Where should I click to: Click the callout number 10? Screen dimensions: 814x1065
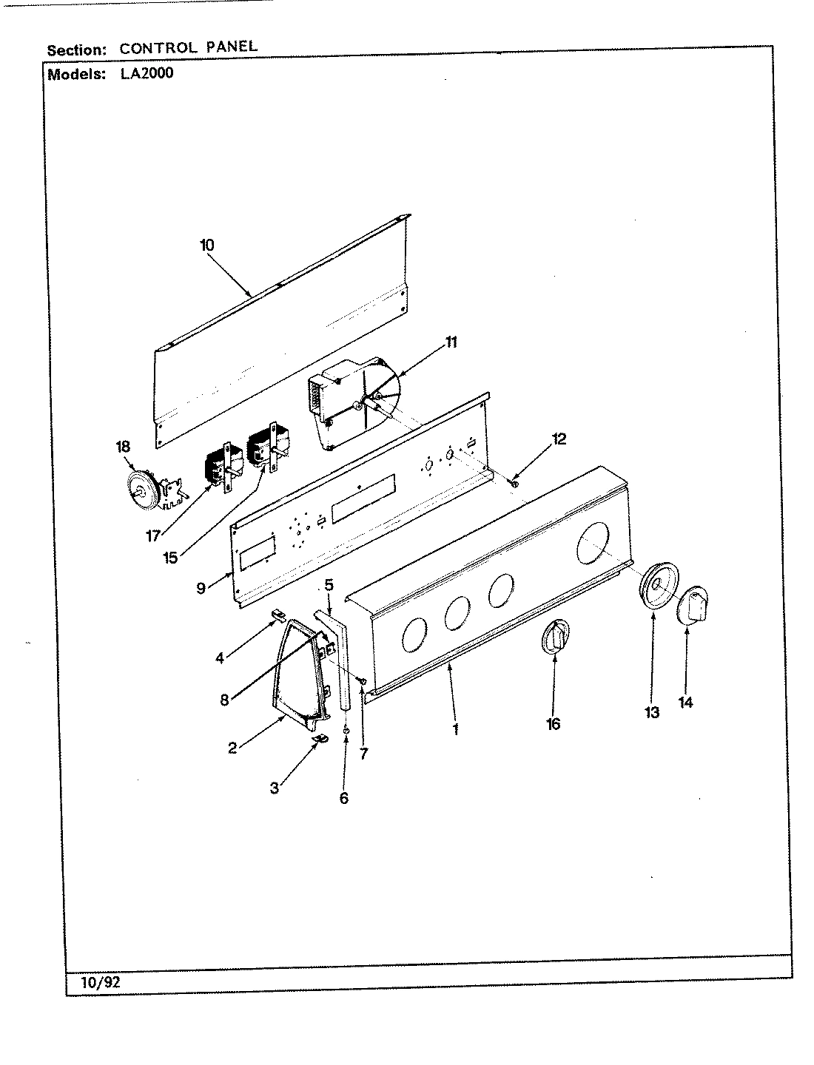coord(206,245)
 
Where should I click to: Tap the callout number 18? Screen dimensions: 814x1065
coord(122,446)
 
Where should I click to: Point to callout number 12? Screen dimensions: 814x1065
coord(559,439)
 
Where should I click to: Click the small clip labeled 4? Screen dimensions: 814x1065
coord(277,613)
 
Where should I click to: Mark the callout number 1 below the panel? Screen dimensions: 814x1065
coord(456,728)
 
